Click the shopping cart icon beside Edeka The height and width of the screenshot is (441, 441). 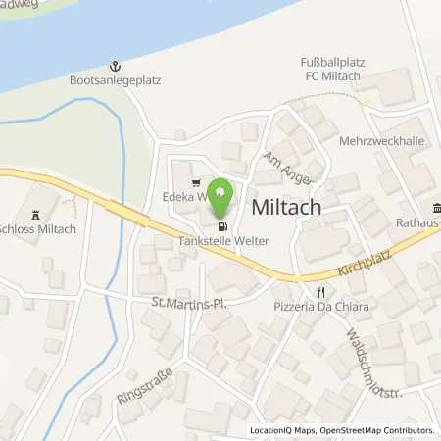coord(198,181)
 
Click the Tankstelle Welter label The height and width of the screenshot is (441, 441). coord(223,240)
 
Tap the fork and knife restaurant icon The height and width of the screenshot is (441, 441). coord(319,292)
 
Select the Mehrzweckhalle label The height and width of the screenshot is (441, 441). coord(381,141)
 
